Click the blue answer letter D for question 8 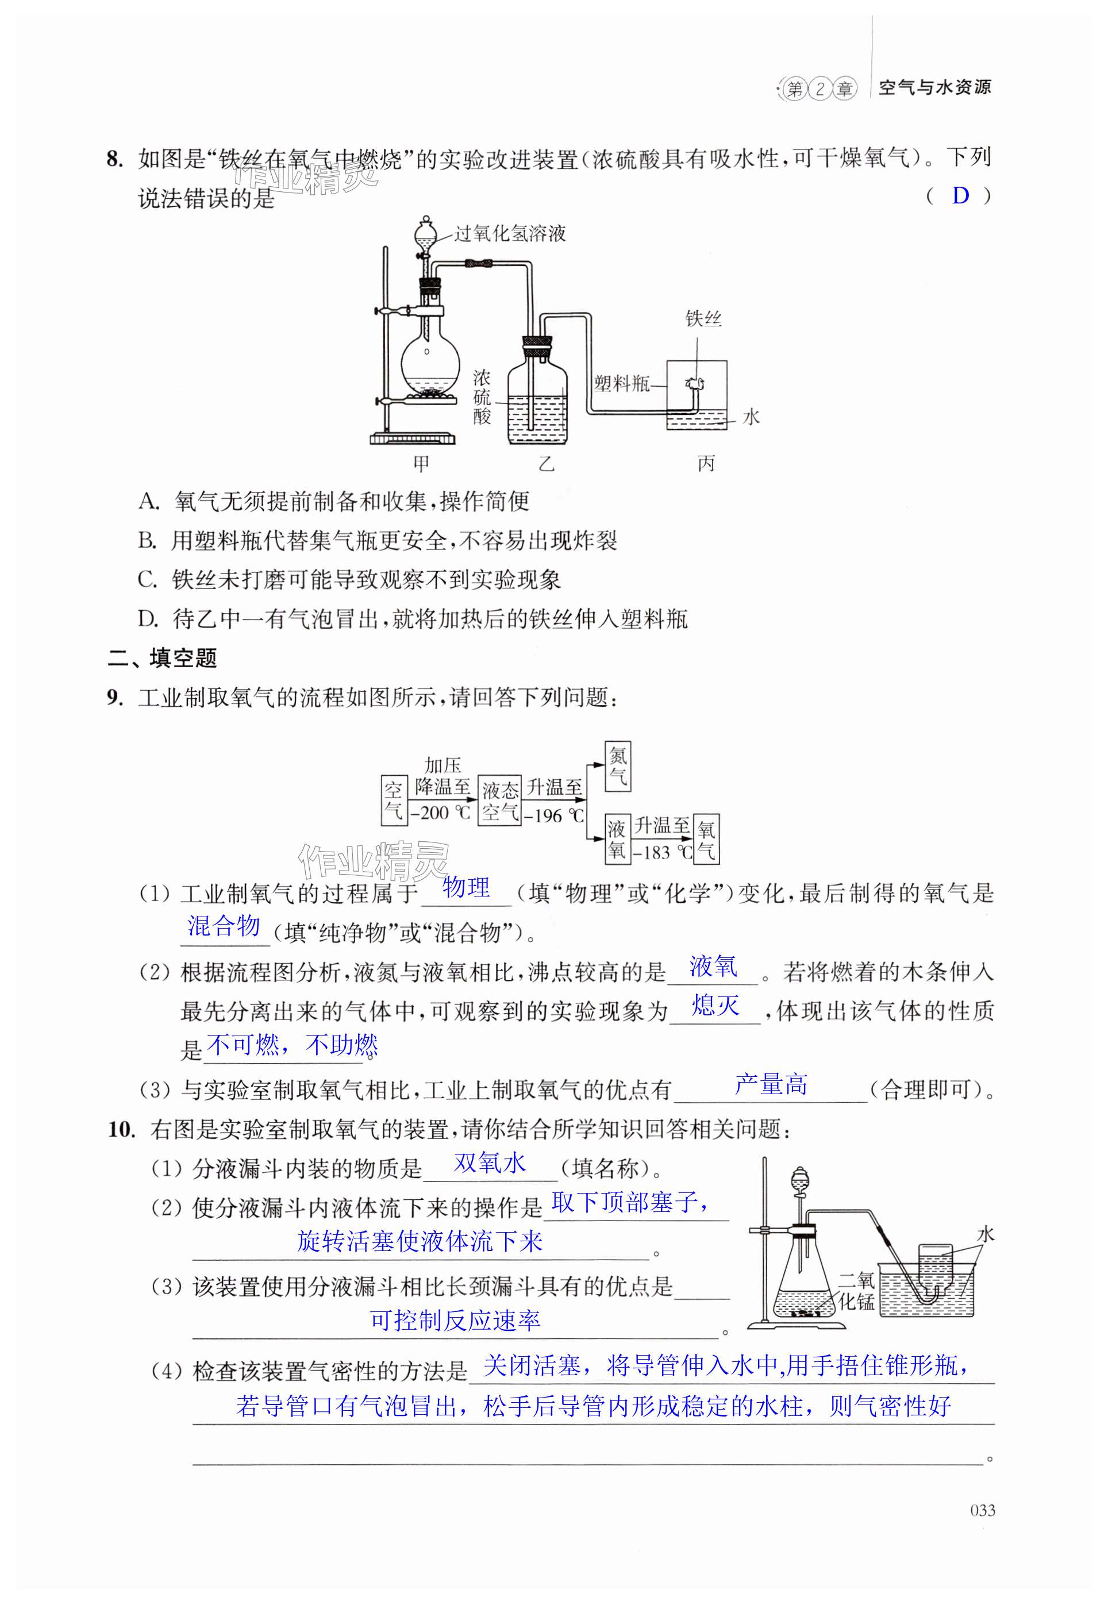pyautogui.click(x=960, y=197)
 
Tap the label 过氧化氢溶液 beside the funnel pyautogui.click(x=510, y=234)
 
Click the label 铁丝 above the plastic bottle pyautogui.click(x=703, y=318)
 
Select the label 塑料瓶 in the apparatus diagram pyautogui.click(x=621, y=383)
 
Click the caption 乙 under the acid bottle pyautogui.click(x=547, y=464)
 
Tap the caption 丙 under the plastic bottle pyautogui.click(x=705, y=464)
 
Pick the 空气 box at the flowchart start pyautogui.click(x=393, y=800)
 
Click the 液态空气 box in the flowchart pyautogui.click(x=500, y=800)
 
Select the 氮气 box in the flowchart pyautogui.click(x=617, y=767)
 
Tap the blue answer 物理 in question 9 pyautogui.click(x=466, y=888)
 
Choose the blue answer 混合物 pyautogui.click(x=224, y=926)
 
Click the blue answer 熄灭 pyautogui.click(x=715, y=1006)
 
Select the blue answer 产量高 pyautogui.click(x=771, y=1084)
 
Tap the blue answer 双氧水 pyautogui.click(x=490, y=1163)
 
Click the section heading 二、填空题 pyautogui.click(x=163, y=658)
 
